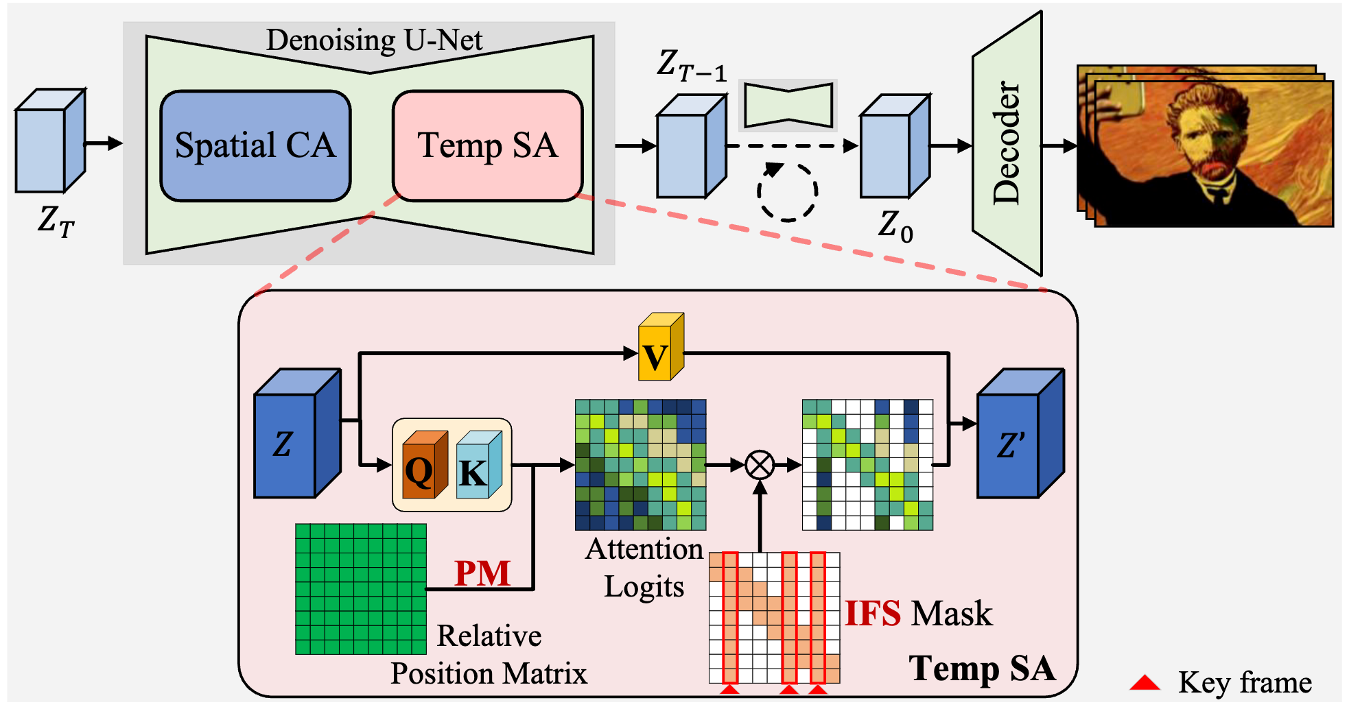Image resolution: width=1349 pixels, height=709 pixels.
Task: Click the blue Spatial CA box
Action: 255,146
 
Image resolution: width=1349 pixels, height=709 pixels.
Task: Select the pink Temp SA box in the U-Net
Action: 488,146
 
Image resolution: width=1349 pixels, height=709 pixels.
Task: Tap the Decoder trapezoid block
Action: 1007,143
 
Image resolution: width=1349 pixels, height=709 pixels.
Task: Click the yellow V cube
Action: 661,347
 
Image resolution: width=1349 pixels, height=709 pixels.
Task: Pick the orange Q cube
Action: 425,465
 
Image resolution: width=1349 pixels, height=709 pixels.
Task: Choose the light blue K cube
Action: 479,465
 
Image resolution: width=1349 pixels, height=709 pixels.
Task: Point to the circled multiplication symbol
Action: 760,465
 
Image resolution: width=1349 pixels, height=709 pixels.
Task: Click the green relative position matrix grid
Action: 361,589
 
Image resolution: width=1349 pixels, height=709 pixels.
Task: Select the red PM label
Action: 482,573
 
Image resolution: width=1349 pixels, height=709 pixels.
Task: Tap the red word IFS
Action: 873,613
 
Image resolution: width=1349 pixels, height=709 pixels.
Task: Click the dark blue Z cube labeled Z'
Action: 1021,433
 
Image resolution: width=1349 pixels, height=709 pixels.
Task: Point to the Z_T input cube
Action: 51,141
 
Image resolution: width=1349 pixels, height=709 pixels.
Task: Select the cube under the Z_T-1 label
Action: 692,146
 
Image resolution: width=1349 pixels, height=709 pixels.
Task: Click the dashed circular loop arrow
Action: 787,192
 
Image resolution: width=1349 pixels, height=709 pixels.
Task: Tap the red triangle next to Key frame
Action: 1145,682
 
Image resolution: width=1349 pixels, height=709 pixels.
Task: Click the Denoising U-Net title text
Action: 374,40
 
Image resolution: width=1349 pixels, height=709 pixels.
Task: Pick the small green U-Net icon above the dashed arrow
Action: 788,105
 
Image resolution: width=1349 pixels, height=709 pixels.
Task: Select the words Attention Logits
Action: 644,568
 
